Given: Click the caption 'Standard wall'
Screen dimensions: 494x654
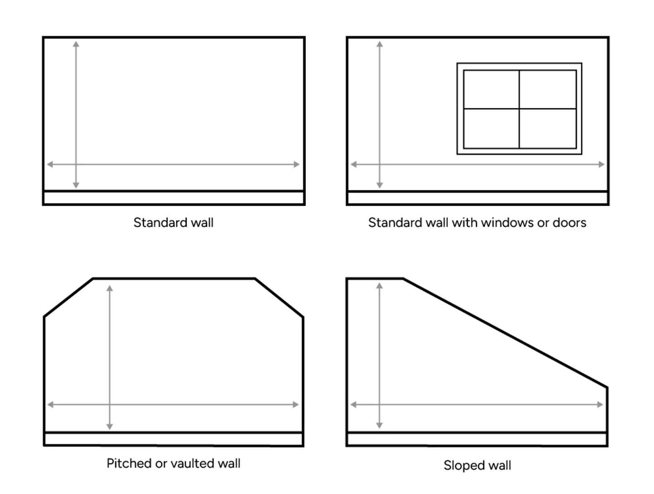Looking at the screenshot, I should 173,223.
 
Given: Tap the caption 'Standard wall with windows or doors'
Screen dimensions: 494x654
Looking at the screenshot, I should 477,223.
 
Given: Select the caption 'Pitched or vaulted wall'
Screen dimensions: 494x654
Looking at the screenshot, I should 173,464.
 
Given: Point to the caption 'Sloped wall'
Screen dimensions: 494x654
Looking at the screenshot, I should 477,465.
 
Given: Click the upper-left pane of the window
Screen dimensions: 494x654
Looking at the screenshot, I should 491,89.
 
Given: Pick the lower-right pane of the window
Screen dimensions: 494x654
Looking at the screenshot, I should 548,128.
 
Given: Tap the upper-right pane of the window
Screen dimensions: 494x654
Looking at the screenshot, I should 548,89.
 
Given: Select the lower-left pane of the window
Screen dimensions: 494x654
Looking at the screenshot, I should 491,128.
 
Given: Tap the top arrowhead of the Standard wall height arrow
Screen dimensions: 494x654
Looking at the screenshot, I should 76,44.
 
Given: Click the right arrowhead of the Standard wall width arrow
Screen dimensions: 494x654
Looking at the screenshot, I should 297,164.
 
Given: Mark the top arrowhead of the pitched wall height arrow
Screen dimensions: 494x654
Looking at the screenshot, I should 109,289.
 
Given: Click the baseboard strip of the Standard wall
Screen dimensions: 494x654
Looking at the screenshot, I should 173,198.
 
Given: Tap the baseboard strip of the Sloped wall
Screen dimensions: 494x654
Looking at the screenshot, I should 477,440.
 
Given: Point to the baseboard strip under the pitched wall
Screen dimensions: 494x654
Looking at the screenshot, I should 173,440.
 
